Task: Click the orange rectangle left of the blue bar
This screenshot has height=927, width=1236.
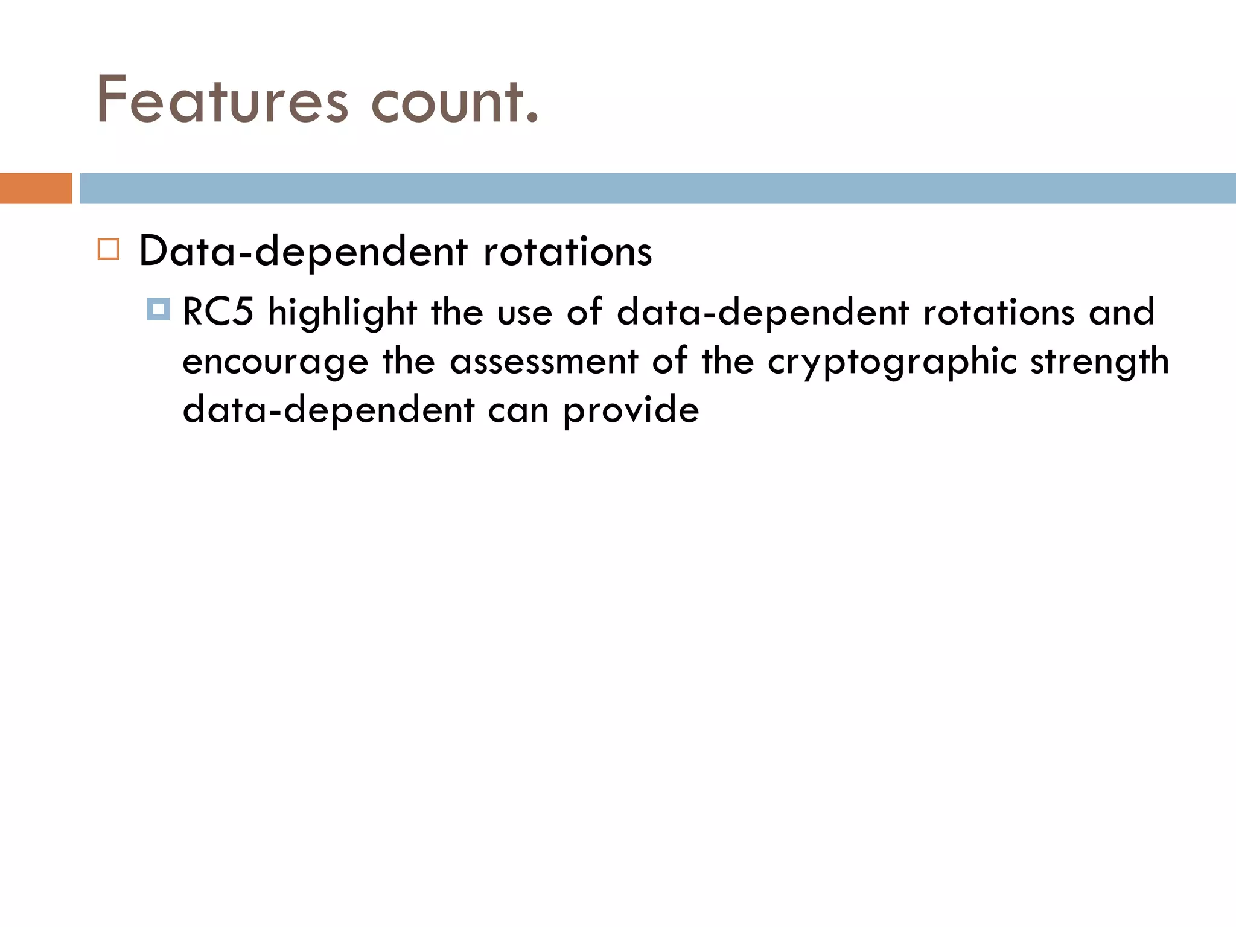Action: [36, 188]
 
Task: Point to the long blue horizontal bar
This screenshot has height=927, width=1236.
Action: [657, 188]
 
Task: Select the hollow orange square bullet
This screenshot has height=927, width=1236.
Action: [109, 249]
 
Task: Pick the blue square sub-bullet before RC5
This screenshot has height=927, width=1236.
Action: [158, 309]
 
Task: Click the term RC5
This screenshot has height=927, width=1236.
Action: [218, 313]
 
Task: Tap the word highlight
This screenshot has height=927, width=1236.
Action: [342, 313]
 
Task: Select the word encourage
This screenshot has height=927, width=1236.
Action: [275, 362]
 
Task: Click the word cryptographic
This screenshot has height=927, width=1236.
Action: [892, 362]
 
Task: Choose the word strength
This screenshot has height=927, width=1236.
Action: [1099, 362]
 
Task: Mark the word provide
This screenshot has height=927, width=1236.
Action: [631, 411]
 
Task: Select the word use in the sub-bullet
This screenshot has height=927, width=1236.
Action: [524, 313]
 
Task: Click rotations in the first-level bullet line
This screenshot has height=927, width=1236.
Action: [567, 251]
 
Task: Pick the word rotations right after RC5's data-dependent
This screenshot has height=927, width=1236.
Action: [998, 313]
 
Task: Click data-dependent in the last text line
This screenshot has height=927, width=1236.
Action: [328, 411]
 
